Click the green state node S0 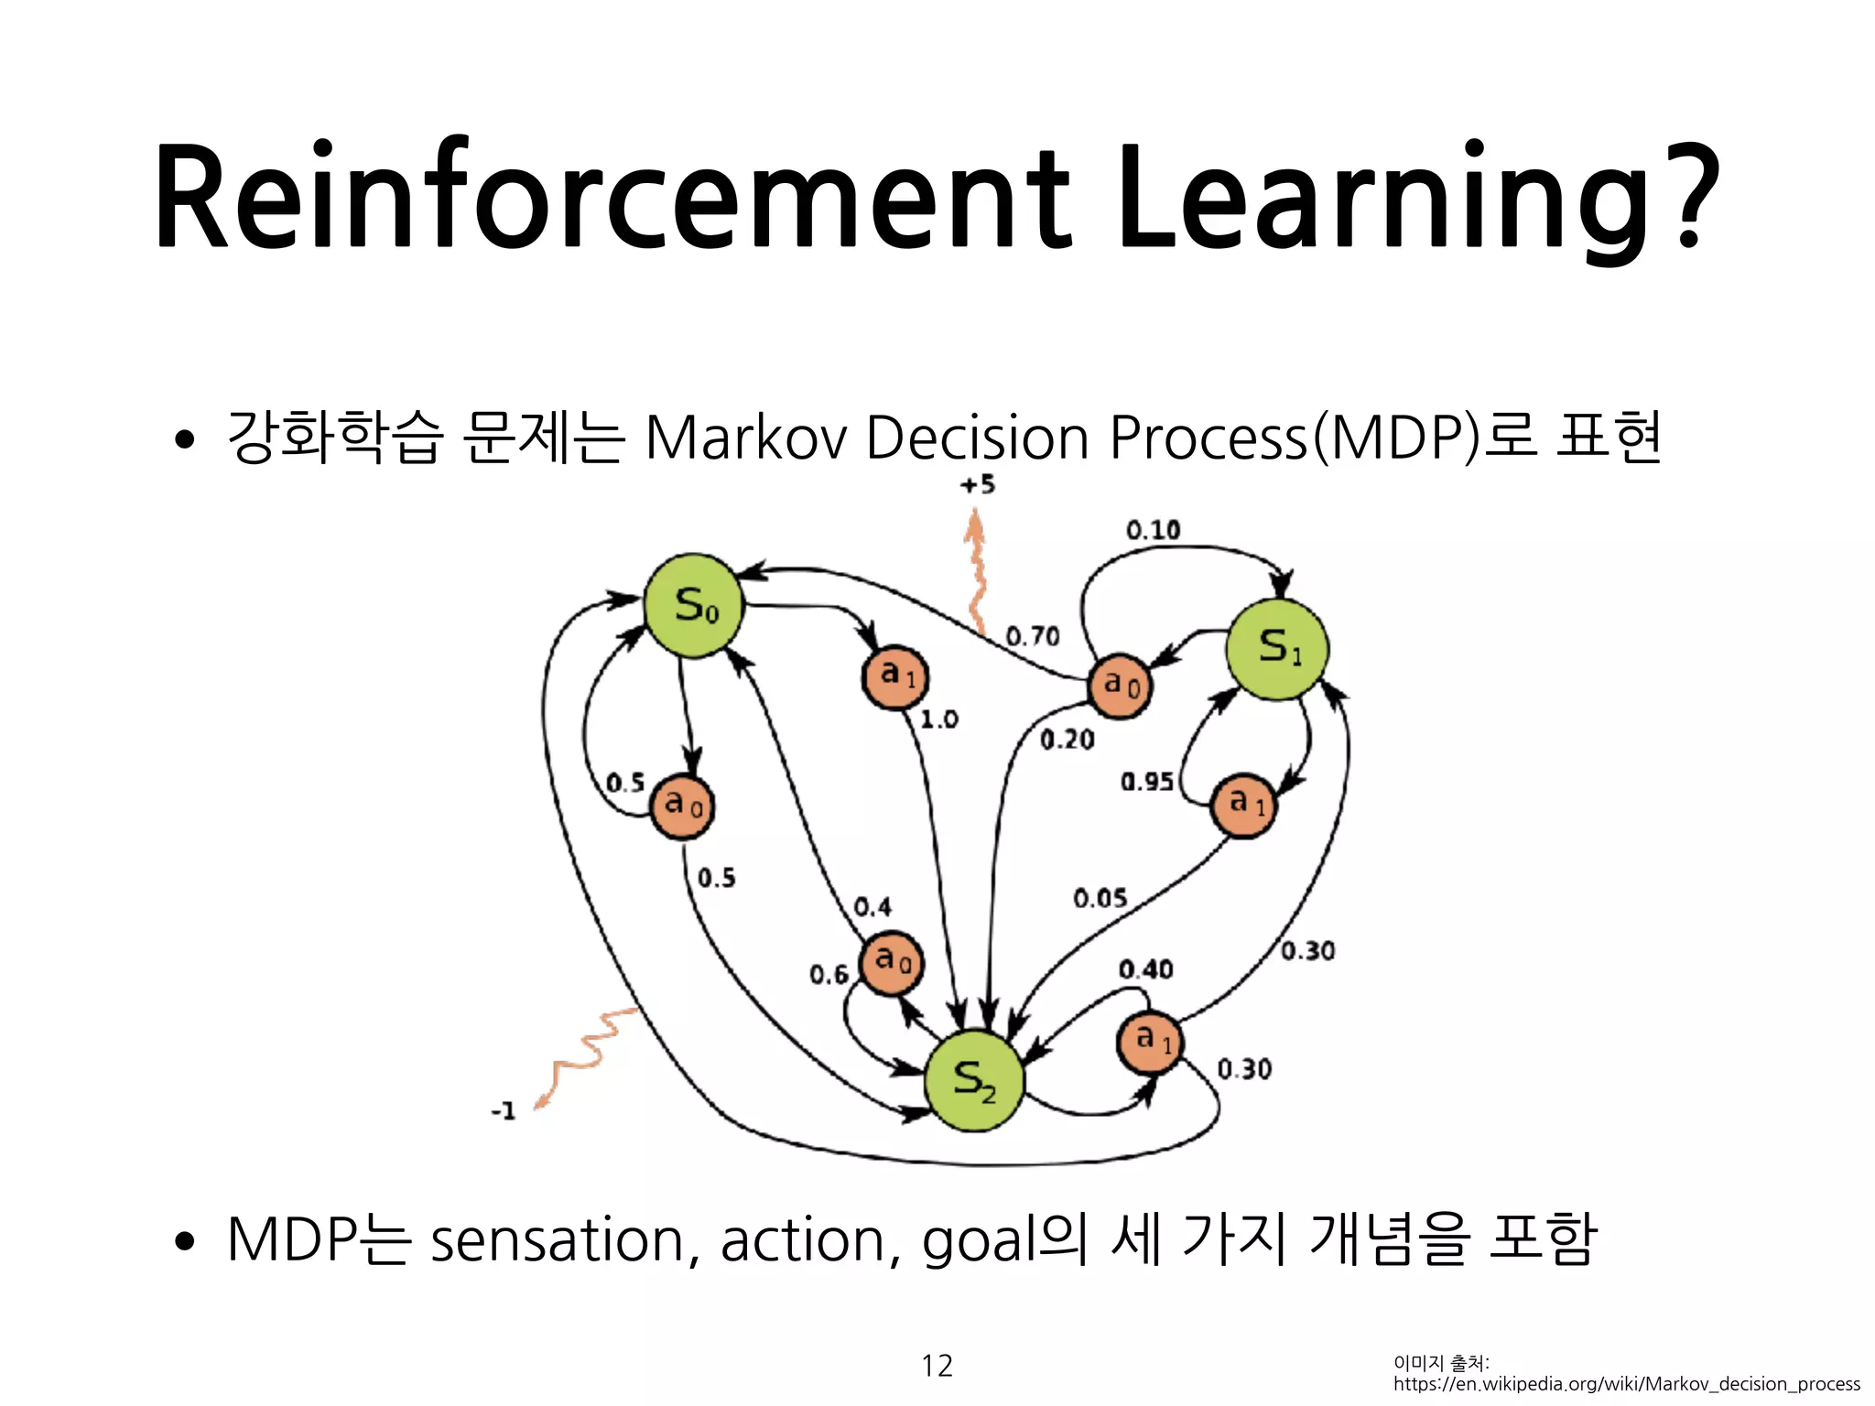tap(694, 606)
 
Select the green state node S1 tap(1277, 649)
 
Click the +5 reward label tap(978, 485)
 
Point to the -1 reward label tap(504, 1111)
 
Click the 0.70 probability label tap(1032, 635)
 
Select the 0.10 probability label tap(1153, 530)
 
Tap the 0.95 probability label tap(1146, 782)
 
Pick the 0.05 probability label tap(1100, 898)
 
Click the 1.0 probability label tap(938, 719)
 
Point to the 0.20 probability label tap(1067, 740)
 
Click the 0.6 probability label tap(829, 975)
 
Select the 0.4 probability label tap(872, 907)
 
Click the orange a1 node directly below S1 tap(1243, 806)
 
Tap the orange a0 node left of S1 tap(1120, 686)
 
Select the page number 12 tap(937, 1366)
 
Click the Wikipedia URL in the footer tap(1626, 1384)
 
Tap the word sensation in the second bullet tap(557, 1240)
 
